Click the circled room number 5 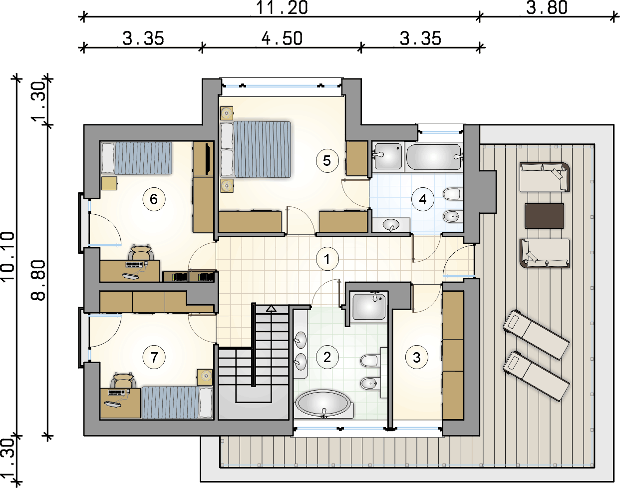pos(326,160)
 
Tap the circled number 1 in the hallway pos(326,259)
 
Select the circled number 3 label pos(417,358)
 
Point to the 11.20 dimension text pos(282,8)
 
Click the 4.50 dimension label pos(282,38)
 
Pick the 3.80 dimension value pos(547,8)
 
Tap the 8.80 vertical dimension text pos(38,281)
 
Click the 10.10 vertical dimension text pos(8,256)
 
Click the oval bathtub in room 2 pos(323,404)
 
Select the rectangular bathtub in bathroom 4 pos(434,157)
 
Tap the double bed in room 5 pos(255,149)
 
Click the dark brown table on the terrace pos(544,216)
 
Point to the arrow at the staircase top pos(271,309)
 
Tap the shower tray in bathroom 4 pos(387,156)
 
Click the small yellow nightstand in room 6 pos(109,183)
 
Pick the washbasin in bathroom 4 pos(391,225)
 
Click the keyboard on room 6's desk pos(134,264)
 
